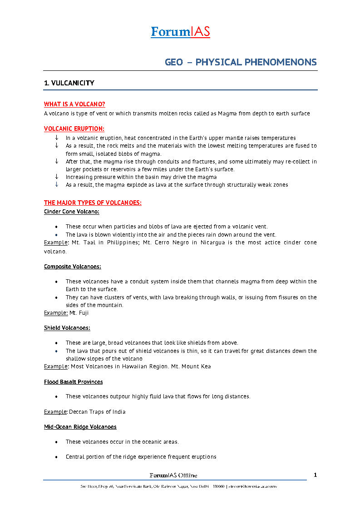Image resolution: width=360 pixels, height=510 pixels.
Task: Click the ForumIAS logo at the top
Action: (x=180, y=32)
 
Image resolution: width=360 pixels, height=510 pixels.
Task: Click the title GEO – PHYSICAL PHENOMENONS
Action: (x=241, y=62)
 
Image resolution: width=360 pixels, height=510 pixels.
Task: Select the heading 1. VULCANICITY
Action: (x=69, y=83)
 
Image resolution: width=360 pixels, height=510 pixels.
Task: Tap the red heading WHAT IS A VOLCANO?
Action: (x=74, y=104)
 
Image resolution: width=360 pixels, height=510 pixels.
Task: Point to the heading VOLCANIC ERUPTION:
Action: (x=74, y=129)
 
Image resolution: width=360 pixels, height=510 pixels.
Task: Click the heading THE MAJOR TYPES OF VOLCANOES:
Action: (x=93, y=203)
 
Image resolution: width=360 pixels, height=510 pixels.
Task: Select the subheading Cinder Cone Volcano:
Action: (x=72, y=212)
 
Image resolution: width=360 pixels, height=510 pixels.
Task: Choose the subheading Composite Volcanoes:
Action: (x=73, y=267)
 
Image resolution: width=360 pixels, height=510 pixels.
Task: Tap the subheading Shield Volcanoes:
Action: (x=67, y=328)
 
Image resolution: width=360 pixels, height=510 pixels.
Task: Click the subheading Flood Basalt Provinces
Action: (x=73, y=382)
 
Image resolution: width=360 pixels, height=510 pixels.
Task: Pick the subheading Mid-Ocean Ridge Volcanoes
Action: (x=80, y=427)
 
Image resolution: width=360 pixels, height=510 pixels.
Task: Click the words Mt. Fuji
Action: (x=79, y=313)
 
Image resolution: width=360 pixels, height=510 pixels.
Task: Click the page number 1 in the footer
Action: (x=315, y=475)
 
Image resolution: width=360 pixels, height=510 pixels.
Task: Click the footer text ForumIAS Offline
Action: (x=173, y=475)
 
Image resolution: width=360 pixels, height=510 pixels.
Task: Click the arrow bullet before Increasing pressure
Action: (x=57, y=177)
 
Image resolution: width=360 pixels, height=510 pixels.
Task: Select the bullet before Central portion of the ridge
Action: (x=56, y=457)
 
